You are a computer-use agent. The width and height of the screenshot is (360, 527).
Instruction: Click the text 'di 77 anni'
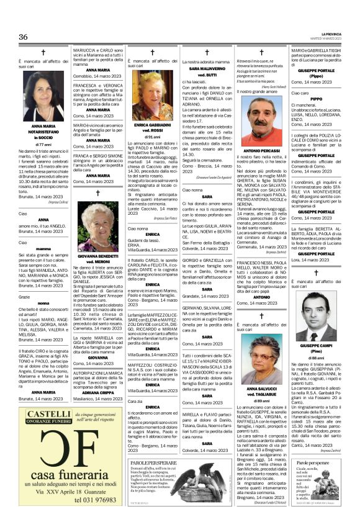click(x=43, y=144)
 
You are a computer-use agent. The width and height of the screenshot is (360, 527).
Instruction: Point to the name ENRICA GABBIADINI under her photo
click(x=151, y=125)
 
